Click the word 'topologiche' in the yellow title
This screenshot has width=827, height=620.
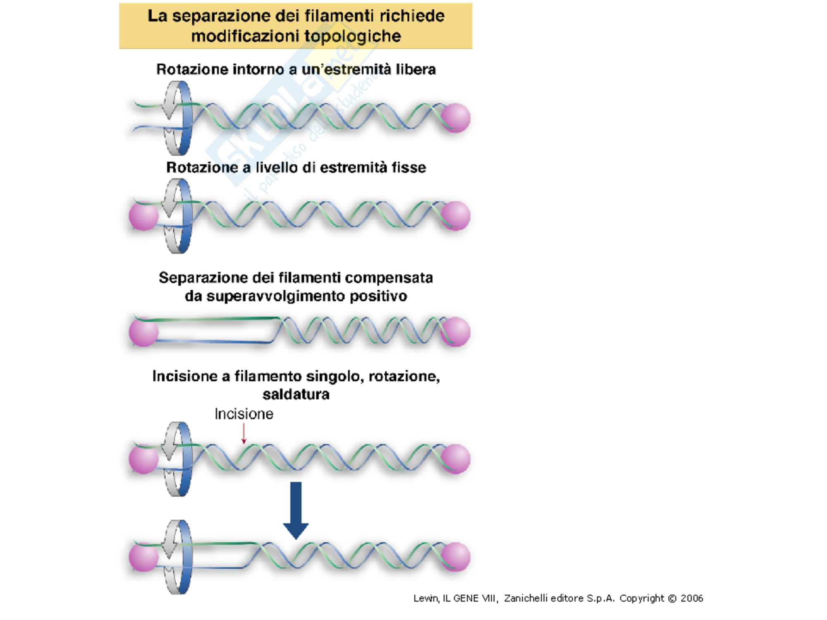(353, 36)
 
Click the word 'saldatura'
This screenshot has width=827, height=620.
(296, 394)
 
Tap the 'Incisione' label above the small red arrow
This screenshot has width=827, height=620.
(244, 414)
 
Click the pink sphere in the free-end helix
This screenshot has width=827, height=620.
(456, 118)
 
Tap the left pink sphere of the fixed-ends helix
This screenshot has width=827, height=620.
(143, 216)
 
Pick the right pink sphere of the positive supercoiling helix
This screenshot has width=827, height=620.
(456, 331)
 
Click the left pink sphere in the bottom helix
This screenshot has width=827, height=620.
(143, 557)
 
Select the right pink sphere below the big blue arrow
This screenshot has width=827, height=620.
(456, 557)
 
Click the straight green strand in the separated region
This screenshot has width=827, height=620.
(215, 319)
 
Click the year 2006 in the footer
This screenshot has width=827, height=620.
(691, 598)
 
